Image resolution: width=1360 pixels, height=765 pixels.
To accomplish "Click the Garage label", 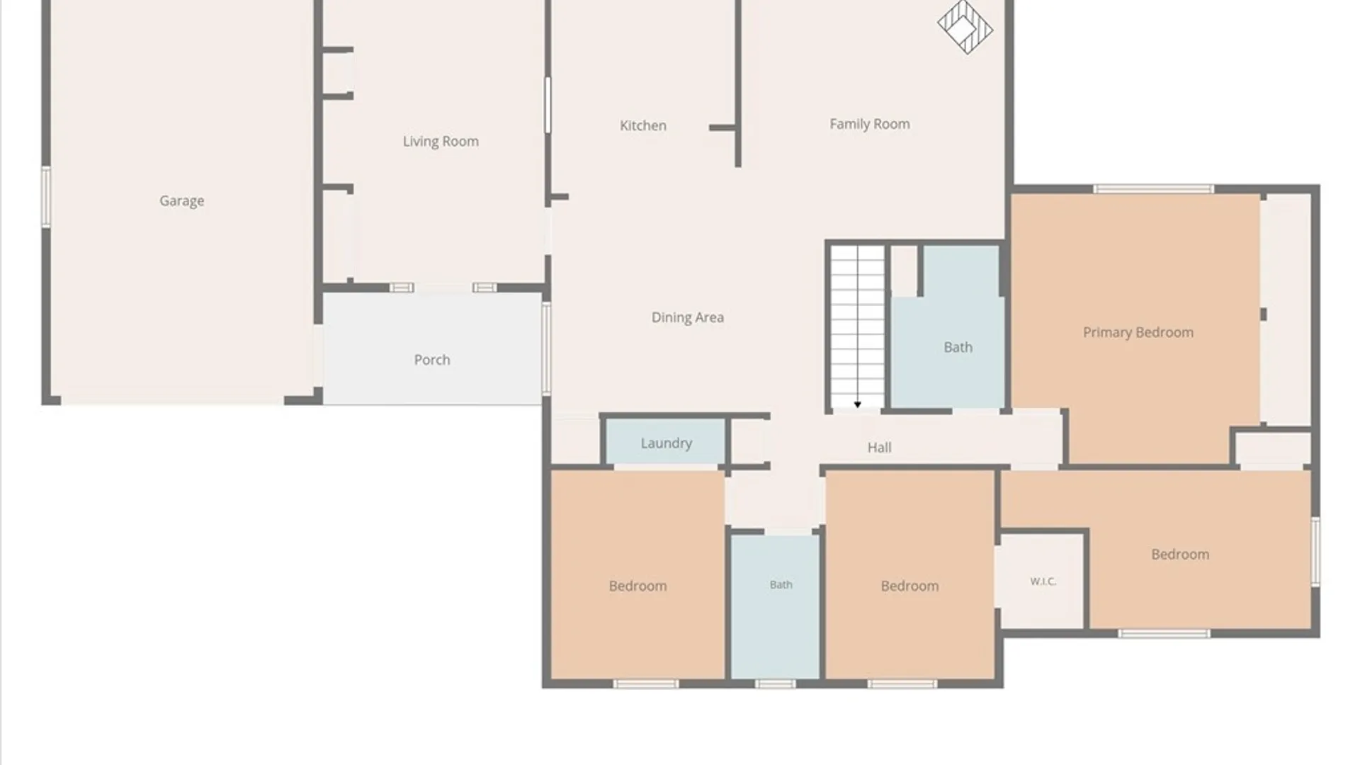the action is click(181, 201).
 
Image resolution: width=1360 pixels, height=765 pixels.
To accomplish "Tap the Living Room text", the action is click(441, 142).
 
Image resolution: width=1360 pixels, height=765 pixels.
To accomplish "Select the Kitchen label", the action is click(643, 125).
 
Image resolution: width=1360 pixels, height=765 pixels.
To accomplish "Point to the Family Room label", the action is click(870, 124).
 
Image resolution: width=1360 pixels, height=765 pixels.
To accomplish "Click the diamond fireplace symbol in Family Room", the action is click(965, 27).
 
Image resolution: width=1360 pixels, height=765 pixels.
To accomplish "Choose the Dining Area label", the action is click(688, 317).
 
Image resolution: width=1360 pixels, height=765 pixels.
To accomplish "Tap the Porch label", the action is click(432, 360).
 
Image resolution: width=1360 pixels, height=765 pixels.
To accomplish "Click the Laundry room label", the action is click(667, 443).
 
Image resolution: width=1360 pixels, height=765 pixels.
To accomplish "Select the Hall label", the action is click(880, 448).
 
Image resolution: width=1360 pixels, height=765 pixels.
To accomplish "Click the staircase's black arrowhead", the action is click(857, 405).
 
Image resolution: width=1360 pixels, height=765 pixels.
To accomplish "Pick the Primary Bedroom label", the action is click(1138, 332).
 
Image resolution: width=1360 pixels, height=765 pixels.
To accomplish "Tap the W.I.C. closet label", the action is click(1043, 582).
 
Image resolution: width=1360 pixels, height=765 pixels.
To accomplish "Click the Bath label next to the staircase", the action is click(958, 348).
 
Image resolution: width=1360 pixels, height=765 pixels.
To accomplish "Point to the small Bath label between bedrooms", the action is click(781, 584).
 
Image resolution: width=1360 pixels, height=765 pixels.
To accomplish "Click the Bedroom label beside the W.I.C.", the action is click(1180, 555).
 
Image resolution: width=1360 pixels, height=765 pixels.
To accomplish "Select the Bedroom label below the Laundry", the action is click(637, 586).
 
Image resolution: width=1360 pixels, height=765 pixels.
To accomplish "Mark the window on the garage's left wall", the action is click(46, 197).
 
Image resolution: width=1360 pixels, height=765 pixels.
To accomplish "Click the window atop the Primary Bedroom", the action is click(1154, 189).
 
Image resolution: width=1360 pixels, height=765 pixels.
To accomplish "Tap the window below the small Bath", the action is click(775, 684).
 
